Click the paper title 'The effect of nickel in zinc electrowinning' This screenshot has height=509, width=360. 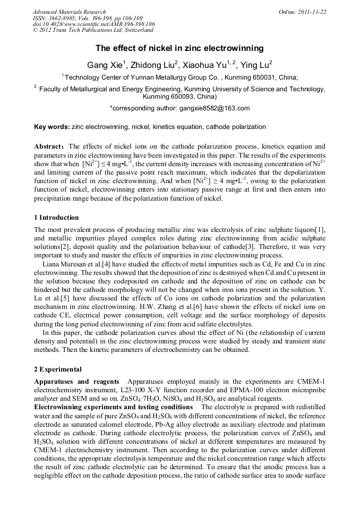(x=179, y=48)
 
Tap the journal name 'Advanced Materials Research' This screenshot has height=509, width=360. (x=69, y=12)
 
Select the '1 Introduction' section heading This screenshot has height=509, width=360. (x=56, y=218)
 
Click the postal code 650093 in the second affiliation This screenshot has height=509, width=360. (x=172, y=97)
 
